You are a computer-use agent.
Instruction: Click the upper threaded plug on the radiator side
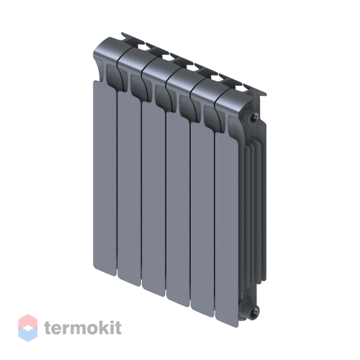pyautogui.click(x=253, y=117)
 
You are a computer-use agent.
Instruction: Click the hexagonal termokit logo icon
pyautogui.click(x=28, y=328)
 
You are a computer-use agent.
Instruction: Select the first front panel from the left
pyautogui.click(x=104, y=179)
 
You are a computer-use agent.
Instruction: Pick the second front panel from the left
pyautogui.click(x=130, y=189)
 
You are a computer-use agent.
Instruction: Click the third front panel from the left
pyautogui.click(x=154, y=199)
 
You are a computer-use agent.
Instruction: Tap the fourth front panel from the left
pyautogui.click(x=179, y=210)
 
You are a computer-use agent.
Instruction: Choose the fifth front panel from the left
pyautogui.click(x=203, y=220)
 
